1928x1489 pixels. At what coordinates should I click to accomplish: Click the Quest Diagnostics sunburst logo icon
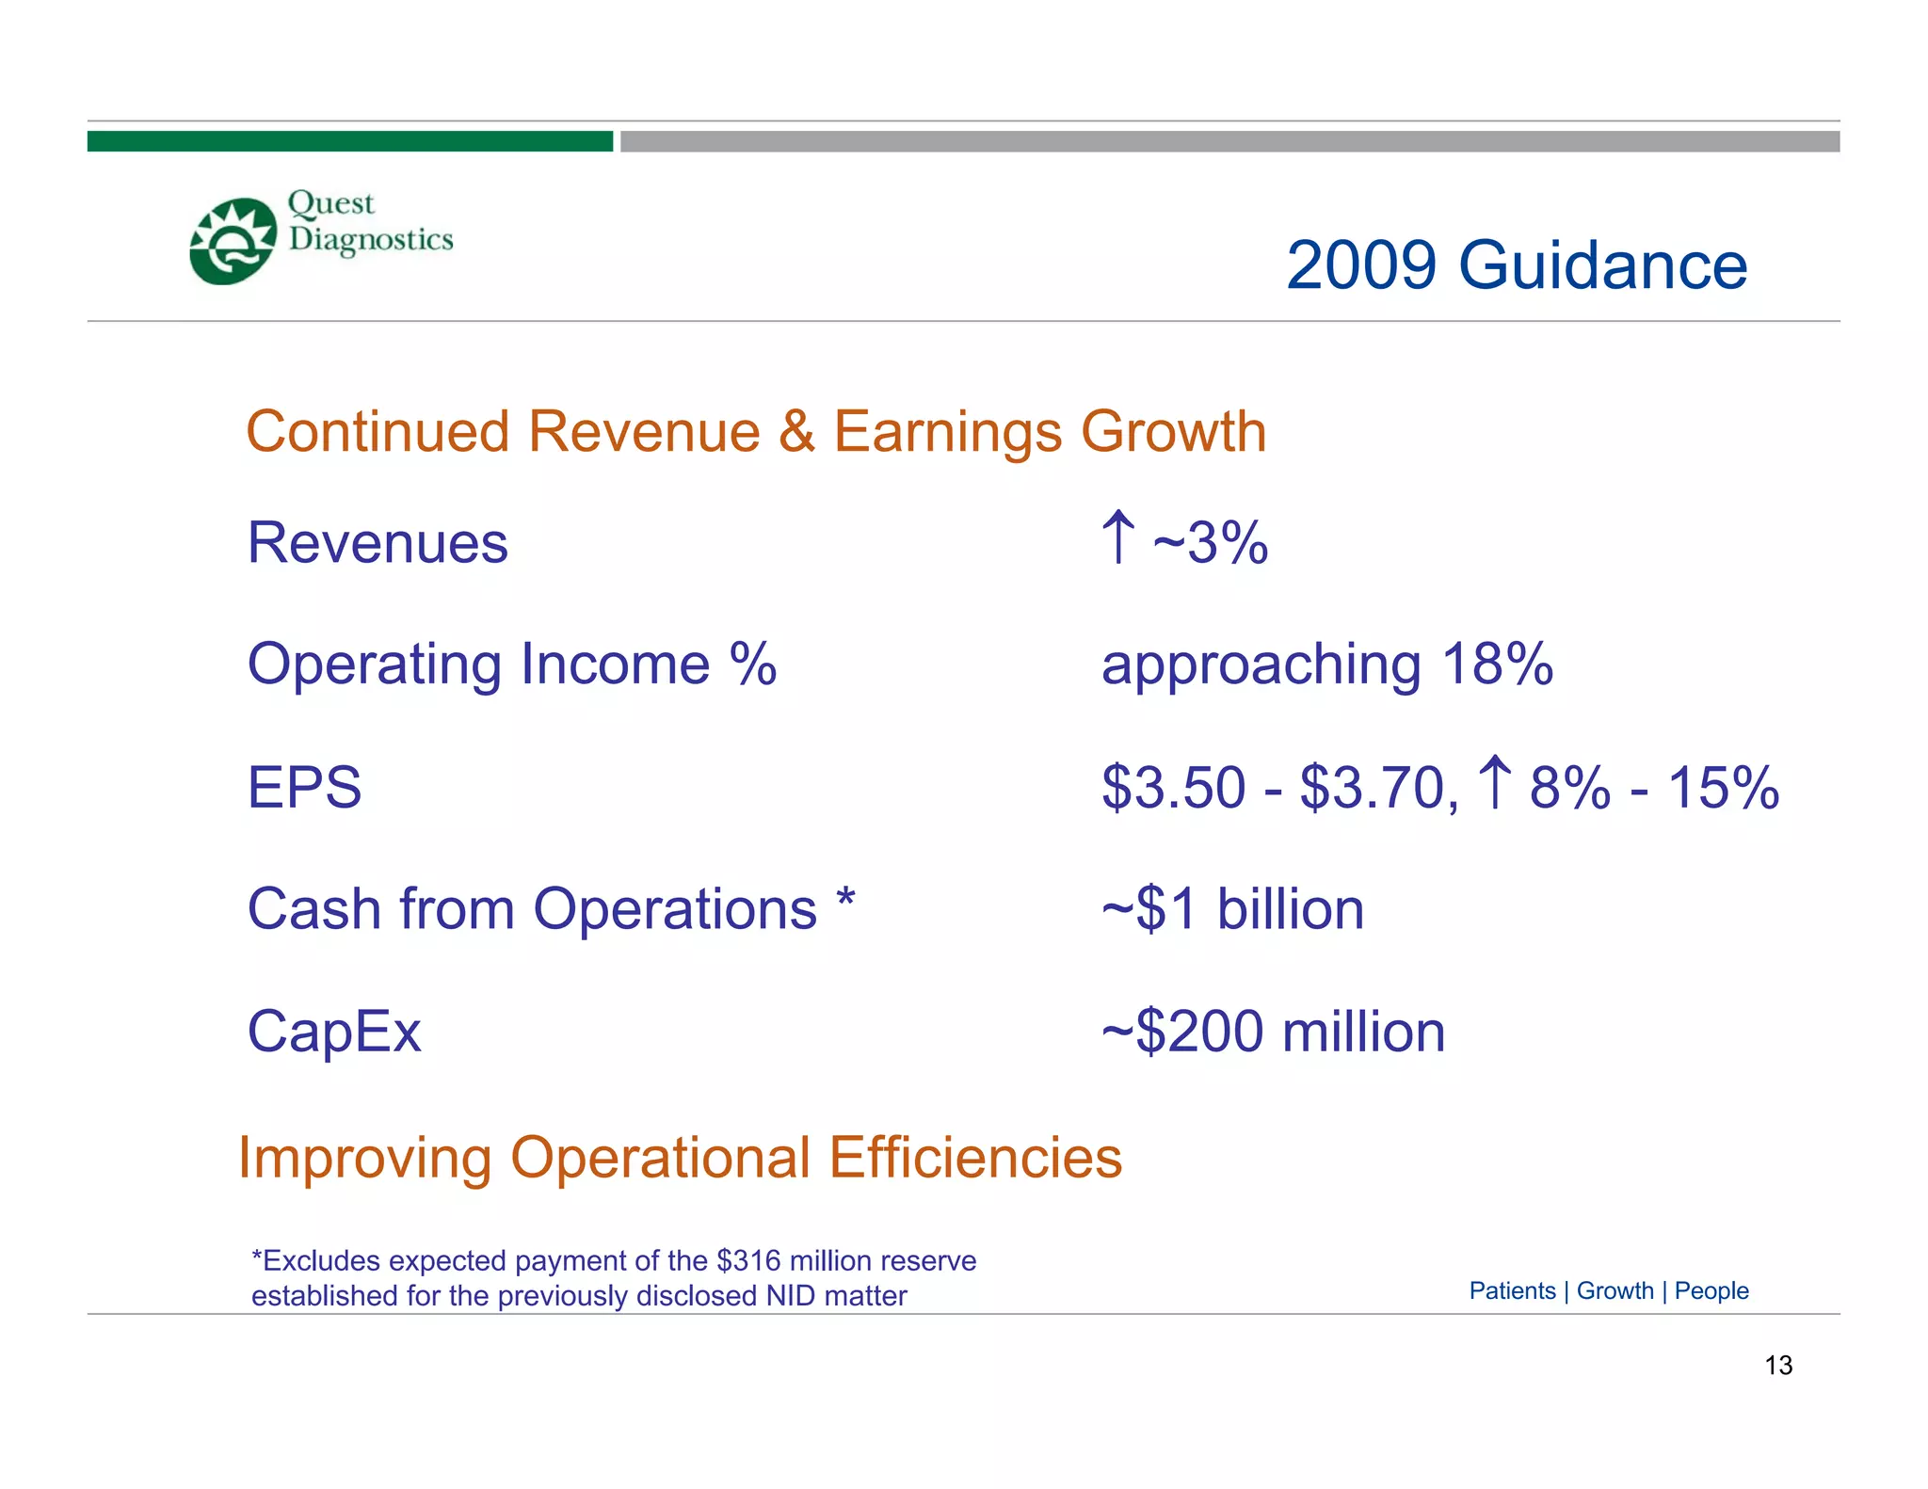click(233, 241)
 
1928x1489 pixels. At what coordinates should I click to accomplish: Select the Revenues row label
click(378, 543)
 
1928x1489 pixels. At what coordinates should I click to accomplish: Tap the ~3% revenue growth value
click(1211, 543)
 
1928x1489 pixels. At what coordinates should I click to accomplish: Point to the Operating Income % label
click(511, 664)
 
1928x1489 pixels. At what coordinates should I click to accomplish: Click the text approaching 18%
click(1326, 664)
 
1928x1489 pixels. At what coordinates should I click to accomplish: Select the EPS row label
click(304, 787)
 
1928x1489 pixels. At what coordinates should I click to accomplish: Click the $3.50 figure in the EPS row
click(1173, 787)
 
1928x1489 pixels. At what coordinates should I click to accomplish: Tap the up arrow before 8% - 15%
click(1494, 782)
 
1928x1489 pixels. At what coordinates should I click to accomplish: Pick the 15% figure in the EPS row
click(1723, 787)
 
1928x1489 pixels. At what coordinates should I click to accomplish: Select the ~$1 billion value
click(1232, 909)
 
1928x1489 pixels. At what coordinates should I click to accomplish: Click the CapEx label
click(333, 1032)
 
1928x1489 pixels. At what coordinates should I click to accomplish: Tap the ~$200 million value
click(1273, 1032)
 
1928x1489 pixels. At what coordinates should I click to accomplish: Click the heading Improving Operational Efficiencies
click(680, 1157)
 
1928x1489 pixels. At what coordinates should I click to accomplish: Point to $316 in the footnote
click(747, 1260)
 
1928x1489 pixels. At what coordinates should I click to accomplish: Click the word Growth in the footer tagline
click(1615, 1290)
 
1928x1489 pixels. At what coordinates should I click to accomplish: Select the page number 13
click(1777, 1365)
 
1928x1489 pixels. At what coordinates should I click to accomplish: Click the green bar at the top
click(349, 141)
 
